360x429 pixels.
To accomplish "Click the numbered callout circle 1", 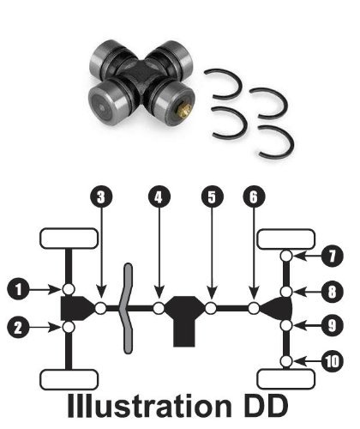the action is click(19, 289).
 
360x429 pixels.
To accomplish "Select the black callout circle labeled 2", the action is click(19, 327).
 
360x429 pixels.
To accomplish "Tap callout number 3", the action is click(101, 197).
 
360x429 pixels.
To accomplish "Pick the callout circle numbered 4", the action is click(159, 197).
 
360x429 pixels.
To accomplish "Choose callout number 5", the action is click(213, 197).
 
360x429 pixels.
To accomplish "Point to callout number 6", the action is click(254, 197).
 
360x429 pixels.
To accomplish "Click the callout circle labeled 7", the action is click(332, 256).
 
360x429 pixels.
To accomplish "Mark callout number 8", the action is click(332, 292).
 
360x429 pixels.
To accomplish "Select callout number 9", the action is click(332, 325).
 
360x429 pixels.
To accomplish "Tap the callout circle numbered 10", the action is click(333, 361).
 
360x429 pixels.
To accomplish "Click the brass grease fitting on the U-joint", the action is click(183, 110).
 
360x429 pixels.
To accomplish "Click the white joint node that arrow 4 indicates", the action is click(159, 308).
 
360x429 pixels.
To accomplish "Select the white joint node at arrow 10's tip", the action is click(286, 361).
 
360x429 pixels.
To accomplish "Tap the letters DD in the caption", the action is click(267, 406).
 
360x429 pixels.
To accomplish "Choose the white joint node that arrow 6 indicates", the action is click(254, 308).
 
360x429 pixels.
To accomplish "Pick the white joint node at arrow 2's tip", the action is click(69, 327).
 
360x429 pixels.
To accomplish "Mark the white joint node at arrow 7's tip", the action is click(286, 256).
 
